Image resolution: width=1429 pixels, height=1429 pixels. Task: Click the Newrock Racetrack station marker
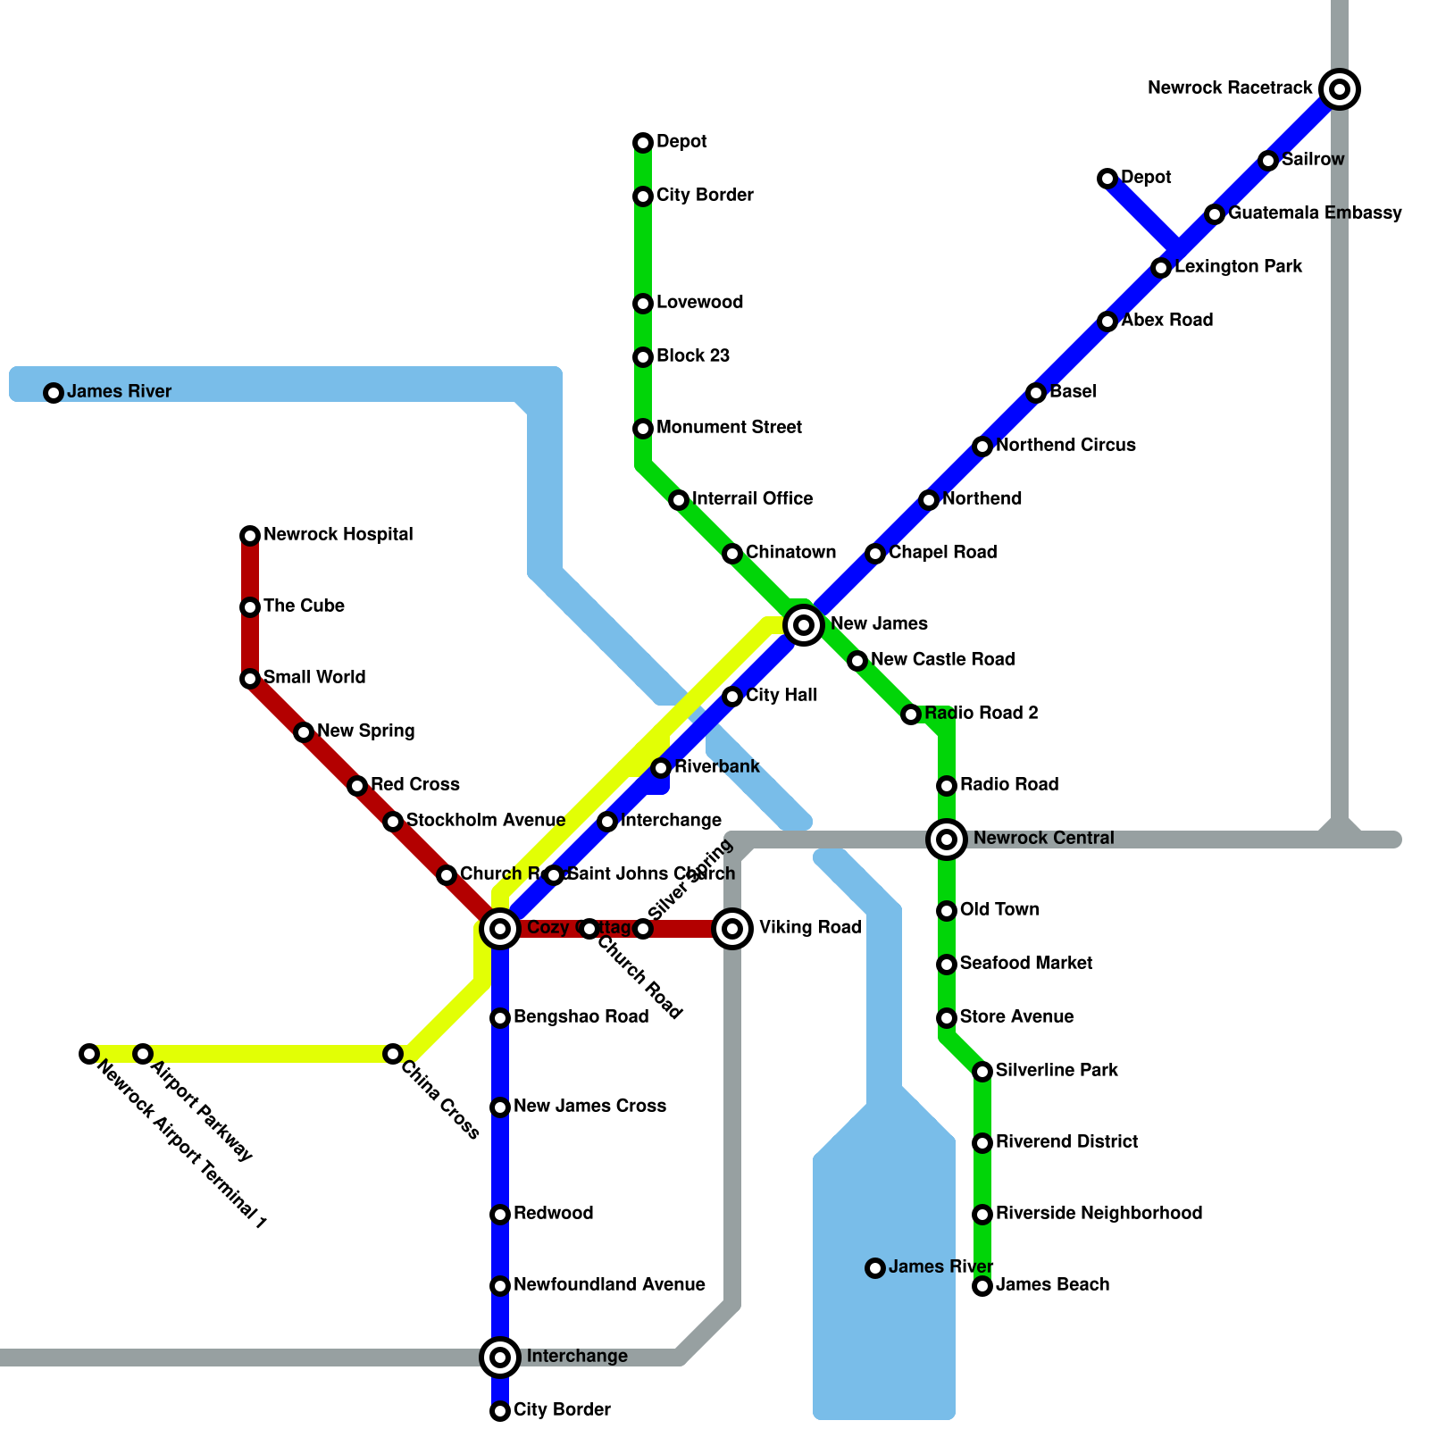[x=1340, y=89]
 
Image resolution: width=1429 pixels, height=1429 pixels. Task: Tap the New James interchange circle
[x=804, y=624]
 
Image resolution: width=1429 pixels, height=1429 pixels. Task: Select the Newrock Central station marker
[x=947, y=839]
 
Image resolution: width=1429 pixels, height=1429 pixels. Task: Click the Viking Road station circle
[x=732, y=929]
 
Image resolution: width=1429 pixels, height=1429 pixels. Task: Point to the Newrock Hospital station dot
[x=250, y=536]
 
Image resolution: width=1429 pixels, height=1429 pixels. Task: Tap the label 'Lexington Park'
[x=1238, y=267]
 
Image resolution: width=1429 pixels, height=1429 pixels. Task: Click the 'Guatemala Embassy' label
[x=1315, y=213]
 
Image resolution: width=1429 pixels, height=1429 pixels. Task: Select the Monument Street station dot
[x=643, y=429]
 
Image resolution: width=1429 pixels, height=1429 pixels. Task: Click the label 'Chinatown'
[x=790, y=553]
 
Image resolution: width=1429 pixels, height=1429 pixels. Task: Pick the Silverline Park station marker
[x=982, y=1071]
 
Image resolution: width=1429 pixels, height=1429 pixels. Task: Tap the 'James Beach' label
[x=1052, y=1285]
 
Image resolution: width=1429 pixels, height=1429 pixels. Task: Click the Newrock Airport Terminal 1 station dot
[x=88, y=1054]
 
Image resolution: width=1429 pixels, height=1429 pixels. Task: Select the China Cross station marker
[x=392, y=1054]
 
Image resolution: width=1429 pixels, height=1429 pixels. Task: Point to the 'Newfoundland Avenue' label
[x=609, y=1285]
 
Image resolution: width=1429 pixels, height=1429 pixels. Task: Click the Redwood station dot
[x=500, y=1215]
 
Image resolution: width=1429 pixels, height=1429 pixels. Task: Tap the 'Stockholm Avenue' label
[x=485, y=821]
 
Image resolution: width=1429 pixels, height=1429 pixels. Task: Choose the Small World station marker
[x=250, y=679]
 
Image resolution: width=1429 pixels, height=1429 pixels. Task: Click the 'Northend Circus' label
[x=1065, y=446]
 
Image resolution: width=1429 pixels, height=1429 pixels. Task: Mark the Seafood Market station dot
[x=947, y=965]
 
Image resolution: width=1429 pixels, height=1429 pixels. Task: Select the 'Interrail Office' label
[x=752, y=499]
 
